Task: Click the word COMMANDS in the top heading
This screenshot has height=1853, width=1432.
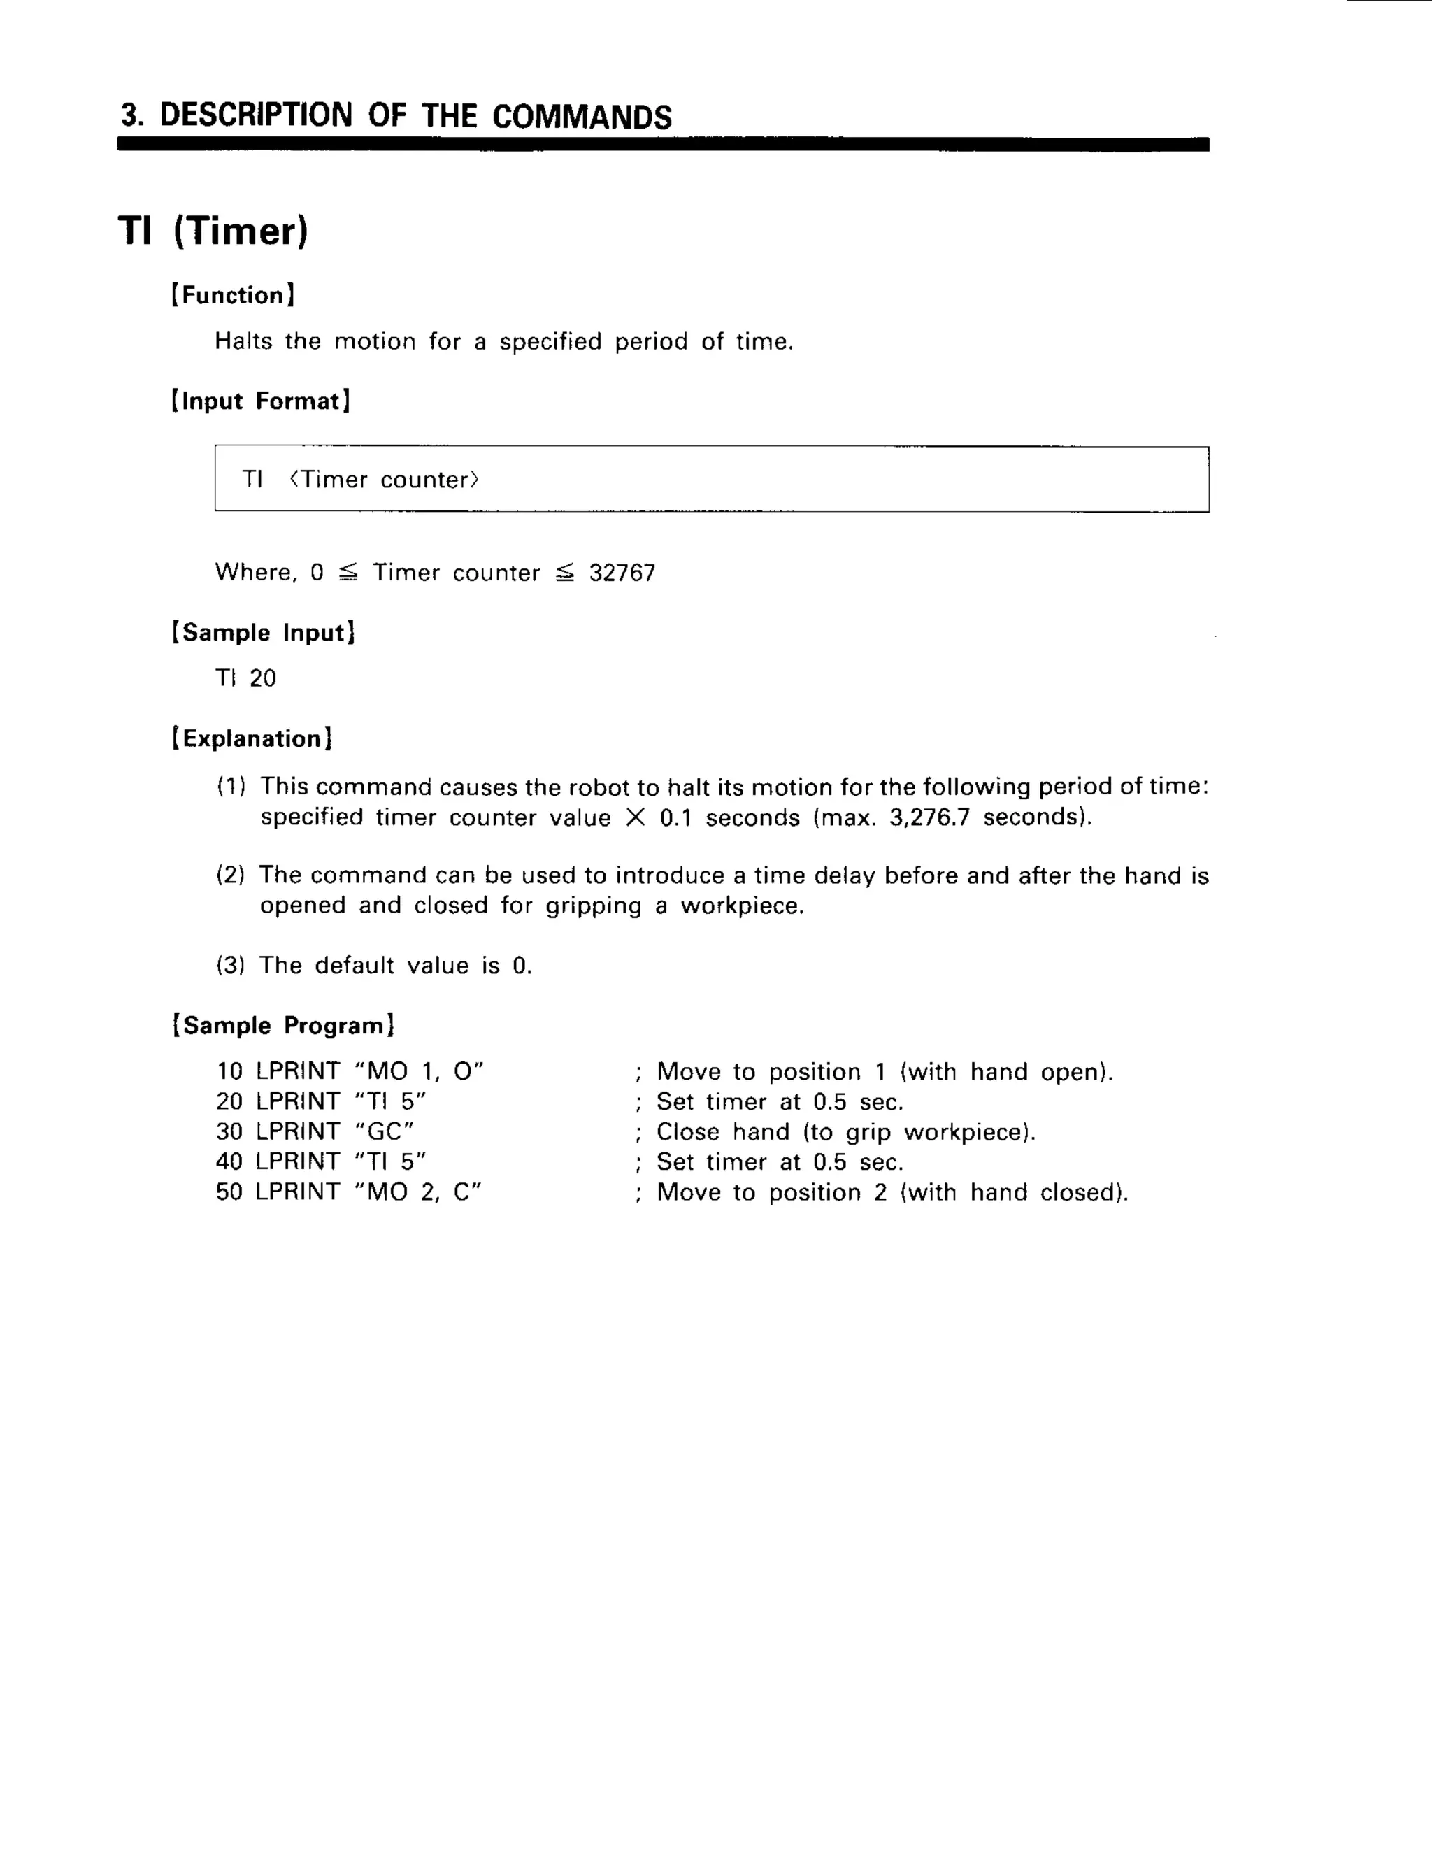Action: click(581, 116)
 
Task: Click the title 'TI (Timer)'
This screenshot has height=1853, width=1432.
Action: click(213, 231)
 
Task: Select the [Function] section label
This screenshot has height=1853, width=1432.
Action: click(234, 295)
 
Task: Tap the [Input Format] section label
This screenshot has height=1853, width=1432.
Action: click(260, 401)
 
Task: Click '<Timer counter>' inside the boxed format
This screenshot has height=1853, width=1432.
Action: click(385, 480)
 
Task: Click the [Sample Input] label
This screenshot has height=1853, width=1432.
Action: click(263, 632)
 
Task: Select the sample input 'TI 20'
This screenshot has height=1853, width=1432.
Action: click(246, 678)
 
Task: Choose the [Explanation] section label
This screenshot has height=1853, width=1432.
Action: click(252, 738)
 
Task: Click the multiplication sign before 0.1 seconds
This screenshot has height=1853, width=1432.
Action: click(635, 818)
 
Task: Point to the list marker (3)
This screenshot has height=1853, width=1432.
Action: click(230, 966)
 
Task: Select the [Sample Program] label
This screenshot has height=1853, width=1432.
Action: click(283, 1025)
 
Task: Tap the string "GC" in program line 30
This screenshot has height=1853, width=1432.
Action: click(385, 1132)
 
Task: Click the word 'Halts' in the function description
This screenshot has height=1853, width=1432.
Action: click(243, 341)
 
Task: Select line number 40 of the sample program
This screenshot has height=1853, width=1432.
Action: click(229, 1161)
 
